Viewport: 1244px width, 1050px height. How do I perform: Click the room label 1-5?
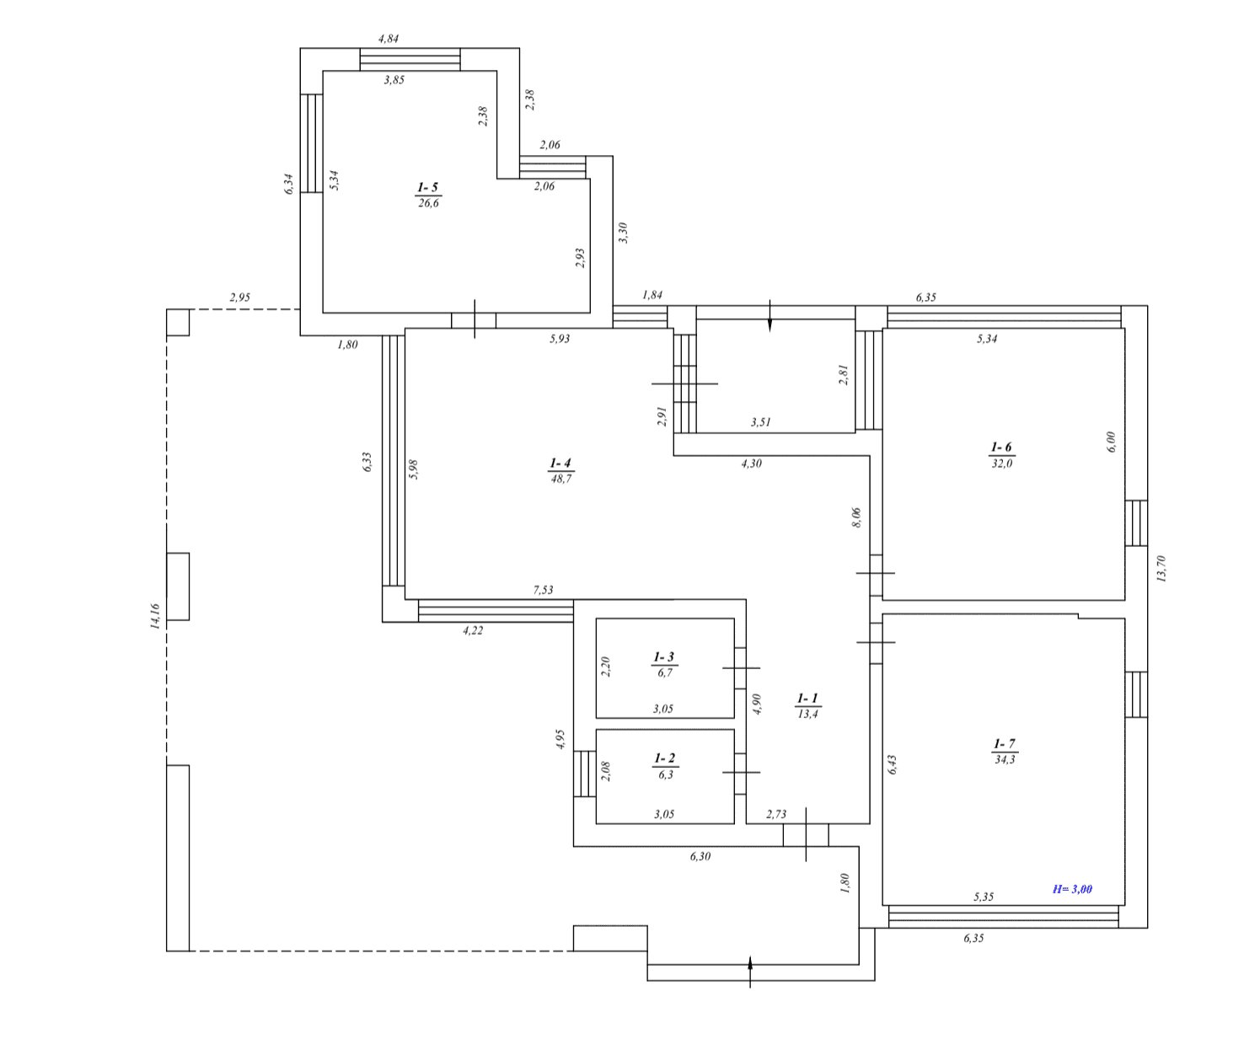pyautogui.click(x=428, y=187)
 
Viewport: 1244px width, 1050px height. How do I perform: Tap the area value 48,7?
pyautogui.click(x=561, y=479)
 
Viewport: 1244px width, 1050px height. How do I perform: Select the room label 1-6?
pyautogui.click(x=1001, y=447)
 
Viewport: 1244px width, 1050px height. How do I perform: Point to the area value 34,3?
pyautogui.click(x=1005, y=759)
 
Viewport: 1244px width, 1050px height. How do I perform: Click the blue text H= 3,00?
pyautogui.click(x=1072, y=889)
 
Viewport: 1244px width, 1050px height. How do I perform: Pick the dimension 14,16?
pyautogui.click(x=155, y=616)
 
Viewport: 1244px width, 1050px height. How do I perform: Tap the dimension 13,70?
pyautogui.click(x=1161, y=569)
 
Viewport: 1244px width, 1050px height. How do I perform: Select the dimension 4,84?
pyautogui.click(x=389, y=39)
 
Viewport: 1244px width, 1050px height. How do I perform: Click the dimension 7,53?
pyautogui.click(x=543, y=590)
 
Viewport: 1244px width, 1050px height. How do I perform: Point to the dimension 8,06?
pyautogui.click(x=856, y=517)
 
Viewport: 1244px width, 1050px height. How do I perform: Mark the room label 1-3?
pyautogui.click(x=663, y=656)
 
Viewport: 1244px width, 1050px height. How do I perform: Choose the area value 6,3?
pyautogui.click(x=666, y=774)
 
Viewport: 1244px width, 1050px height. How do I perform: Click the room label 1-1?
pyautogui.click(x=807, y=698)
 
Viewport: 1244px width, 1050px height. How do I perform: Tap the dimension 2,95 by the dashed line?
pyautogui.click(x=240, y=297)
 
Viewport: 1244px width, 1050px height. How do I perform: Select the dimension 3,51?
pyautogui.click(x=761, y=422)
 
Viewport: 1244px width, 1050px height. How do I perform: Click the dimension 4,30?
pyautogui.click(x=751, y=463)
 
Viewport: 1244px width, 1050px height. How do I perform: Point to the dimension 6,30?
pyautogui.click(x=700, y=856)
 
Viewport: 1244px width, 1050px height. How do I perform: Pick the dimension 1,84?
pyautogui.click(x=652, y=295)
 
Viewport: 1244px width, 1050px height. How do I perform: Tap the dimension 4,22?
pyautogui.click(x=473, y=630)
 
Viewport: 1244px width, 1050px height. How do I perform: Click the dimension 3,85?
pyautogui.click(x=394, y=80)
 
